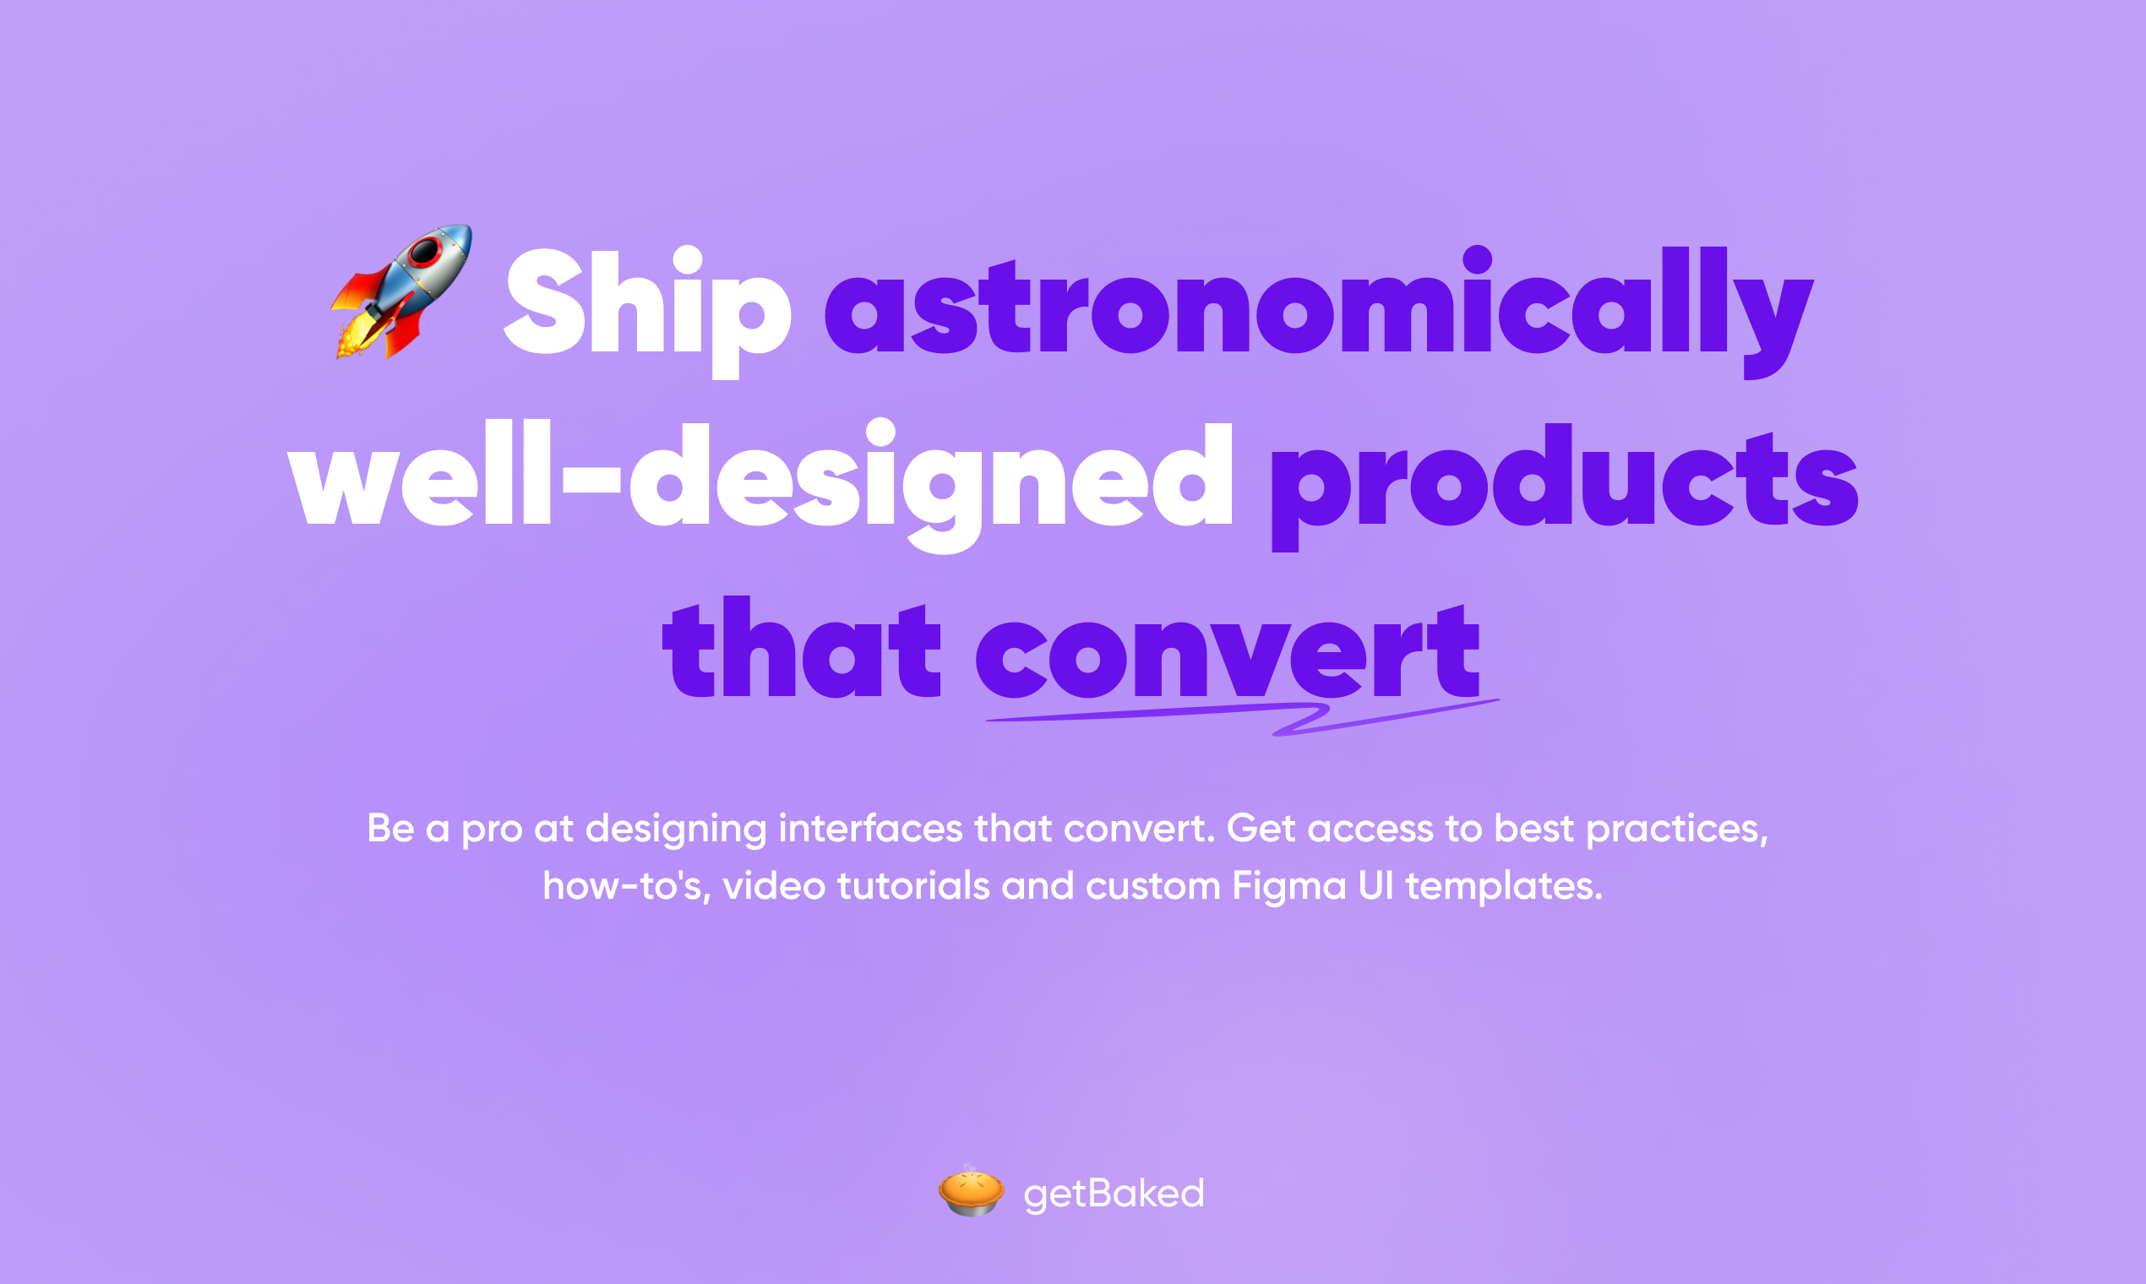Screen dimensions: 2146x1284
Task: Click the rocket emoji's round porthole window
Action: (x=425, y=252)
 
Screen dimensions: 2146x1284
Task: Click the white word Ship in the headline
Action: (x=647, y=312)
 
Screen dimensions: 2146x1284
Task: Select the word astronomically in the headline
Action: (x=1319, y=312)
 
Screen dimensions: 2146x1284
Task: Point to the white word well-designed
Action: (x=760, y=485)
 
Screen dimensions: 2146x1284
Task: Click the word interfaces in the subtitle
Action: (x=870, y=828)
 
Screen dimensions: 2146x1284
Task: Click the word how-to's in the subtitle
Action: (x=628, y=886)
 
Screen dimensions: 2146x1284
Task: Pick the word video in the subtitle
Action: (x=775, y=885)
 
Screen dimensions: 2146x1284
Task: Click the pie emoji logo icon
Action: (x=971, y=1191)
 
